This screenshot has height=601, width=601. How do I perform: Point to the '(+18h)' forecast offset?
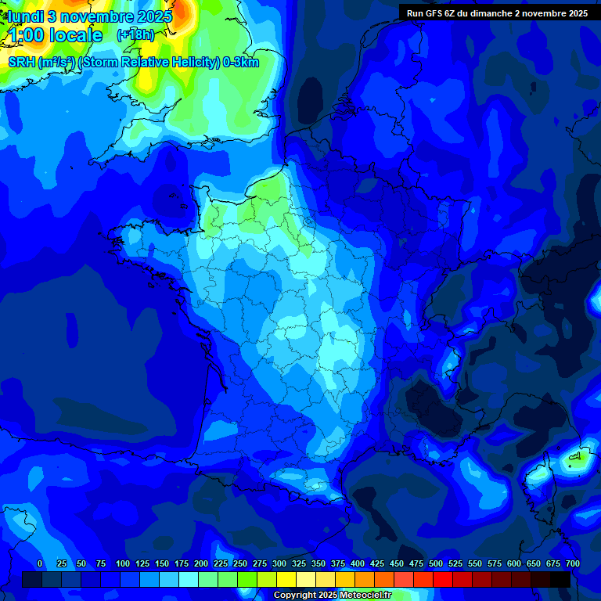[135, 35]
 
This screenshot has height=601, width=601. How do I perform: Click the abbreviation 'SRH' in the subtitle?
[23, 63]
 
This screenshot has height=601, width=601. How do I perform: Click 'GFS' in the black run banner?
[435, 13]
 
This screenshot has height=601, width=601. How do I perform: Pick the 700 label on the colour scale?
[572, 563]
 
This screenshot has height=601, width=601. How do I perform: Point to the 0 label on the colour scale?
[40, 563]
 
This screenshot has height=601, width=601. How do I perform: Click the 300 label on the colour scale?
[279, 563]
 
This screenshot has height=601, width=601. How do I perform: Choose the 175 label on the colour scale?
[182, 563]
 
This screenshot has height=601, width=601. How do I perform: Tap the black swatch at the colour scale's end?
[560, 579]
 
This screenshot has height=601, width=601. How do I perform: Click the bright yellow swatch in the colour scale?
[286, 579]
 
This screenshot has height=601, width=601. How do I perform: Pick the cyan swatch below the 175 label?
[189, 579]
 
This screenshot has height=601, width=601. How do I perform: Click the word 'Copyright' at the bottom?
[297, 596]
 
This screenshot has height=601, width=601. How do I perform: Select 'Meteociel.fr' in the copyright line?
[365, 596]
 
